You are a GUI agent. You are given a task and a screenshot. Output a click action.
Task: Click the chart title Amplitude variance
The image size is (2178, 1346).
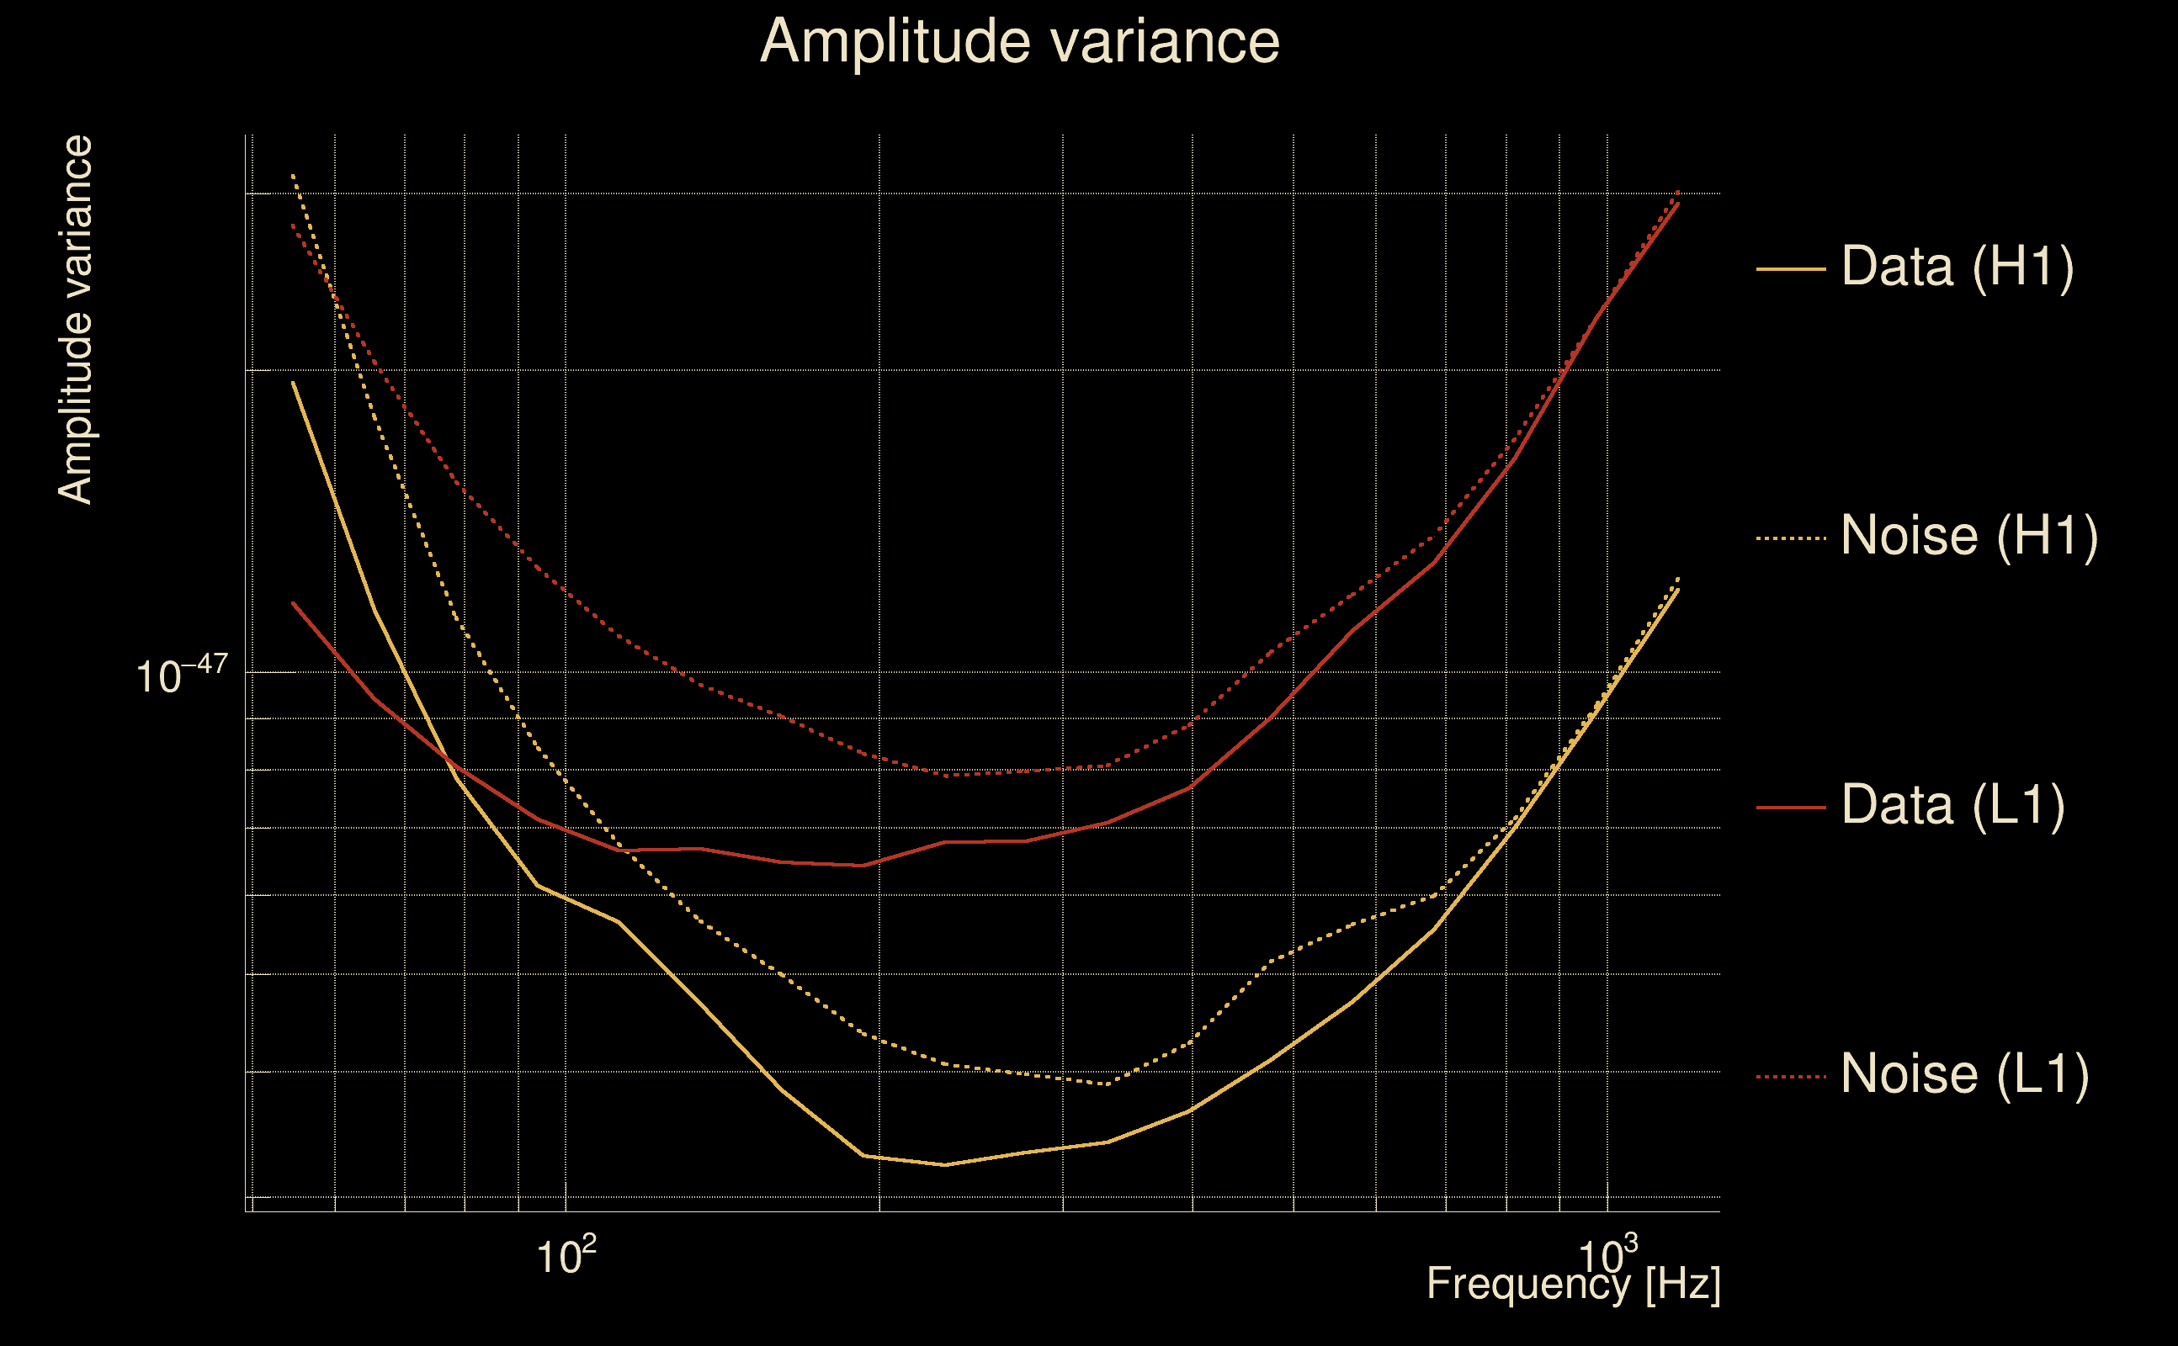tap(1018, 42)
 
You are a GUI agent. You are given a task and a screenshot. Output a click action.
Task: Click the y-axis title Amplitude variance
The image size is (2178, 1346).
tap(75, 320)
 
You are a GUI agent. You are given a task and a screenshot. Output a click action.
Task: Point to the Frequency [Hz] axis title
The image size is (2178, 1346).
tap(1574, 1285)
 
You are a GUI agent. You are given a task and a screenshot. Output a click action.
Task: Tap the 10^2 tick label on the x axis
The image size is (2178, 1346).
tap(566, 1256)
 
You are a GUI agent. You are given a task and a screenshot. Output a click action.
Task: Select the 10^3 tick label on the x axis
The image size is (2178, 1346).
tap(1607, 1256)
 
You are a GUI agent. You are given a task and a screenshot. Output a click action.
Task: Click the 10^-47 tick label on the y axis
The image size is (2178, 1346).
tap(182, 676)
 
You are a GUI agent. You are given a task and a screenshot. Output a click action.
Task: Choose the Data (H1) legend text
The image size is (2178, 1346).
tap(1958, 266)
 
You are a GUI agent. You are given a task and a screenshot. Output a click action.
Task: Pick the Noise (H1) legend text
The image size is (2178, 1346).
tap(1968, 536)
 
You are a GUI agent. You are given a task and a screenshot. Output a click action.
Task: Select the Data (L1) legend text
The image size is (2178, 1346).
tap(1952, 806)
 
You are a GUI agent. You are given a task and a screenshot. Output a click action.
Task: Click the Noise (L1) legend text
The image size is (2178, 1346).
tap(1964, 1074)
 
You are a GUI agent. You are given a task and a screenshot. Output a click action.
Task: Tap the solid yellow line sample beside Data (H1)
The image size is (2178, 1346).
tap(1791, 268)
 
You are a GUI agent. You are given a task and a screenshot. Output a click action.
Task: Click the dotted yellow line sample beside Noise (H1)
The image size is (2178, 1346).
tap(1791, 538)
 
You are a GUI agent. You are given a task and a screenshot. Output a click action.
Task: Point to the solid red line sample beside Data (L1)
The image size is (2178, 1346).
tap(1791, 808)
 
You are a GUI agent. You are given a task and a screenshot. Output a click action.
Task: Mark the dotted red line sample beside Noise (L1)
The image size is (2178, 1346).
tap(1791, 1077)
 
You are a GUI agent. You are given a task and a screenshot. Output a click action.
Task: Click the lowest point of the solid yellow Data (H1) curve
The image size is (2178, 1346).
tap(944, 1164)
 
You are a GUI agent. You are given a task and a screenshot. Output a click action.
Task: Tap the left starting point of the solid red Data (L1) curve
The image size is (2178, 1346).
tap(293, 603)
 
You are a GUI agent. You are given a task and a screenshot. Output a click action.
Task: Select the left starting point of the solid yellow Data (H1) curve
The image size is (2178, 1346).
tap(293, 383)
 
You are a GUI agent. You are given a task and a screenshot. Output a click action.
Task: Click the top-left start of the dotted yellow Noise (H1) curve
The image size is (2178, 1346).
tap(293, 175)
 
